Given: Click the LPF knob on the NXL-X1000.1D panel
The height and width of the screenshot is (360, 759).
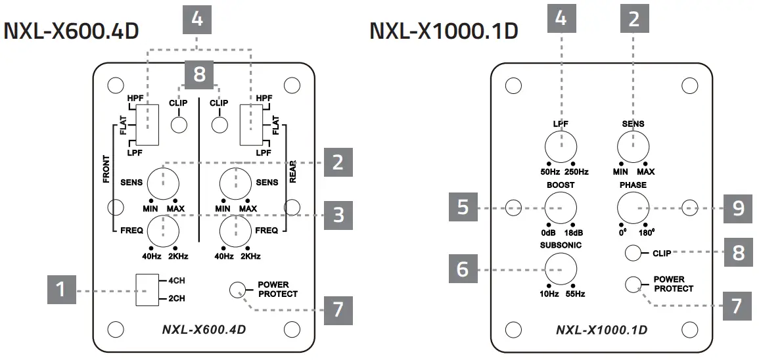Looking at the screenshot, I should tap(561, 146).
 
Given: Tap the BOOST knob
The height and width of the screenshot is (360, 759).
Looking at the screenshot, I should tap(561, 208).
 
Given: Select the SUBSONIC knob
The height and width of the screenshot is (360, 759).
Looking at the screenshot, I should tap(561, 269).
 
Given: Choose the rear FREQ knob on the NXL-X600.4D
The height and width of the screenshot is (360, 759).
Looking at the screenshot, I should tap(236, 230).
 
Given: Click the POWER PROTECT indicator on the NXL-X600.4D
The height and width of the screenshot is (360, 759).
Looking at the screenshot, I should tap(238, 288).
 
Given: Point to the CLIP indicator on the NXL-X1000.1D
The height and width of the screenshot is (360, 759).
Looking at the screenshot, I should tap(633, 252).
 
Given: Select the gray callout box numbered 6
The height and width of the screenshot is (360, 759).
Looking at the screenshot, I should tap(463, 269).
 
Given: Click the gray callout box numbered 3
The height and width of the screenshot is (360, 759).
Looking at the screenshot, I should tap(338, 215).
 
